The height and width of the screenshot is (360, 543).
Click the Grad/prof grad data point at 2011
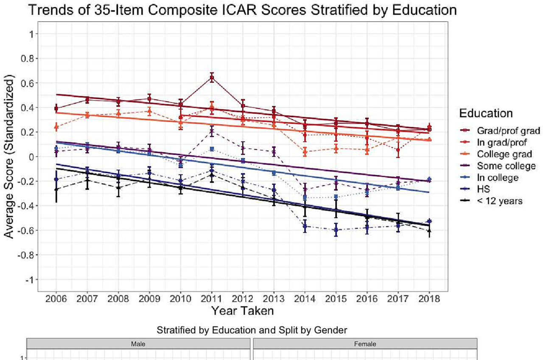pos(211,78)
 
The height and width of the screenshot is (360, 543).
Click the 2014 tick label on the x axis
pos(305,298)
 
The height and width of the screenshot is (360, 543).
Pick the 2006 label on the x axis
pos(56,298)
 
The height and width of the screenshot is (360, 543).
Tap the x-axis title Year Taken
pos(242,311)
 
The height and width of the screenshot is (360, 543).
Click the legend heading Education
pos(486,114)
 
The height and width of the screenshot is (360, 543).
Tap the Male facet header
pos(138,344)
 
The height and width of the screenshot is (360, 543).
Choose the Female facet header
pos(365,344)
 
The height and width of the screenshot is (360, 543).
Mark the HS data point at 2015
pos(336,230)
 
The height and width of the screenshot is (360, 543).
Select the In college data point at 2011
pos(211,149)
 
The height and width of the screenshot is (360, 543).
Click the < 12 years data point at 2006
pos(56,189)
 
